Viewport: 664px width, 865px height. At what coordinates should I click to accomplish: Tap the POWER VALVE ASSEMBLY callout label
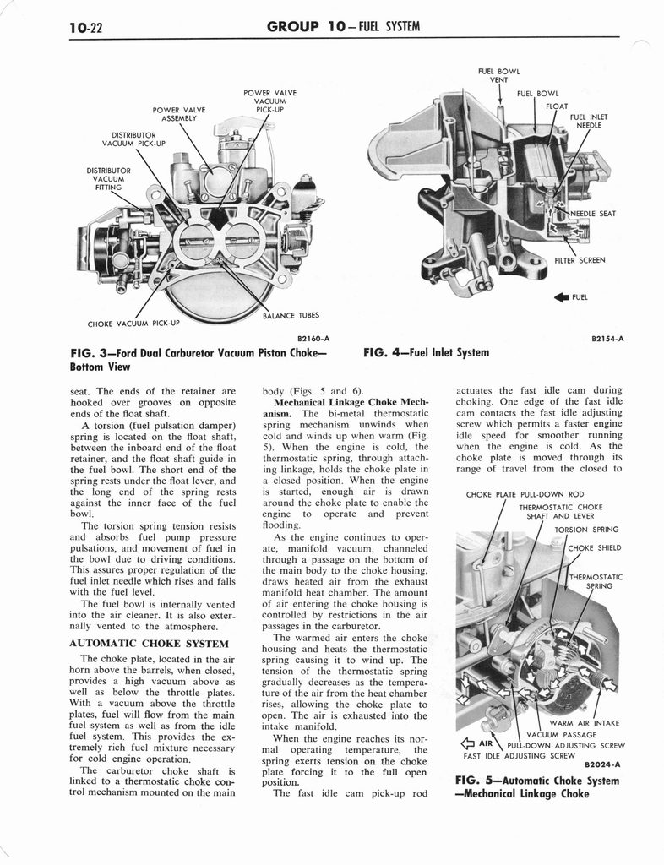(179, 114)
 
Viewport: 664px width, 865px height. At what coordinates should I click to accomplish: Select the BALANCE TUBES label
(291, 315)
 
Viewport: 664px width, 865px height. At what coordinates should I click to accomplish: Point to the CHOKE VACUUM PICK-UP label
(133, 323)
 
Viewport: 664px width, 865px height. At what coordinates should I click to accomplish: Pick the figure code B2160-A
(313, 339)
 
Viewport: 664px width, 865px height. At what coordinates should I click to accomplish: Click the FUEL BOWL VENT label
(498, 76)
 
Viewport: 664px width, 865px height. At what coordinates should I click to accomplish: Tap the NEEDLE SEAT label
(594, 214)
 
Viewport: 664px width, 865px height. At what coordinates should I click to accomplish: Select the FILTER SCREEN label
(580, 260)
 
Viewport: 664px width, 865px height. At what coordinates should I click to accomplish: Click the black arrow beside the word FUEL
(559, 296)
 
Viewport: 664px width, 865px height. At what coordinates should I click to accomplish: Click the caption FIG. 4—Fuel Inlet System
(426, 352)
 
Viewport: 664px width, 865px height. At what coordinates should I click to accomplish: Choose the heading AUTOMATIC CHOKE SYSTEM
(149, 644)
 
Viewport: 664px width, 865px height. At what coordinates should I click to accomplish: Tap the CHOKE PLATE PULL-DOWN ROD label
(524, 494)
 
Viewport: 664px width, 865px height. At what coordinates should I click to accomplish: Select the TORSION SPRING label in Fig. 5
(586, 530)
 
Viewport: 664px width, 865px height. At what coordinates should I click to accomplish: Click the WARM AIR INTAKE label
(584, 723)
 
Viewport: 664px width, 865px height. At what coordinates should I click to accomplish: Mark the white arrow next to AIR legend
(462, 744)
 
